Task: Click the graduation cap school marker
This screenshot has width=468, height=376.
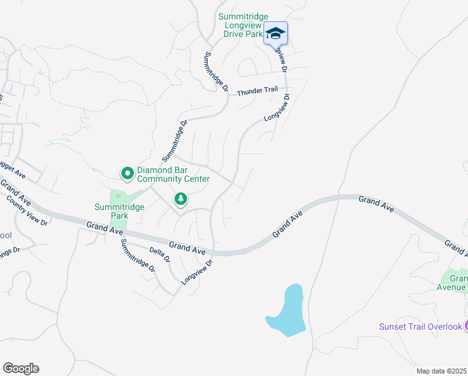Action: coord(275,33)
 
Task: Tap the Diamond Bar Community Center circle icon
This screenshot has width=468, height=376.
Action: coord(127,172)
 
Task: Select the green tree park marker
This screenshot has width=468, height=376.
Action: coord(181,199)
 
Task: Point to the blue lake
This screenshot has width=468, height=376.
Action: coord(288,310)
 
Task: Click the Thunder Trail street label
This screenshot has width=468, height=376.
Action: coord(257,91)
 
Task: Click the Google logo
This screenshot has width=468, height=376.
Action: coord(21,368)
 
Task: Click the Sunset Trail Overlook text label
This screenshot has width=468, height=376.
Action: coord(420,326)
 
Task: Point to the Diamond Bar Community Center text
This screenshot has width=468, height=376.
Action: coord(173,174)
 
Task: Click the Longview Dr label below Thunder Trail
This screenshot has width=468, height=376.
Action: coord(277,108)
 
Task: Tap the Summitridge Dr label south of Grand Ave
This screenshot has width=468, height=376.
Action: coord(138,256)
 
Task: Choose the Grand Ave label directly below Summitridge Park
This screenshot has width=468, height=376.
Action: coord(104,228)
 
